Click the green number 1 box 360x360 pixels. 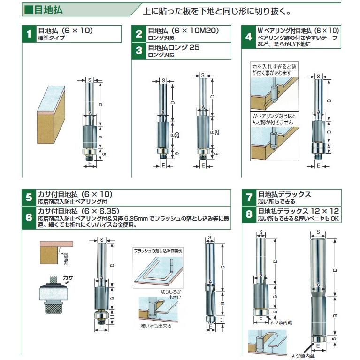click(x=29, y=34)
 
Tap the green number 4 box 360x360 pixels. click(x=249, y=36)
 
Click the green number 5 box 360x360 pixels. click(x=29, y=197)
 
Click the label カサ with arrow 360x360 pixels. click(x=68, y=278)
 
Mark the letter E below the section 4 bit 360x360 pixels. click(x=319, y=166)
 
